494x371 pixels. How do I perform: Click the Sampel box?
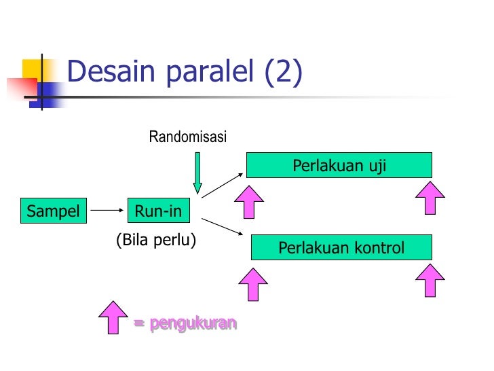(53, 211)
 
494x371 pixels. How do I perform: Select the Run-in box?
(158, 211)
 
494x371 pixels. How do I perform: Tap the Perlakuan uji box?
(339, 166)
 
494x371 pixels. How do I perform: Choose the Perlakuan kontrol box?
(341, 248)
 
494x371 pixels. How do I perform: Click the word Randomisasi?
(187, 138)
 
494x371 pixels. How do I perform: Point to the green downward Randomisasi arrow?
(197, 173)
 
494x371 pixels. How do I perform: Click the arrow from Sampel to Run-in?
(105, 211)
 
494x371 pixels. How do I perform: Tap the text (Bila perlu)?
(156, 240)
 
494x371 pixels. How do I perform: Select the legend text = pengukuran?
(185, 323)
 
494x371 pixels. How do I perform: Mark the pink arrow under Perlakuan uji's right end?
(430, 198)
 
